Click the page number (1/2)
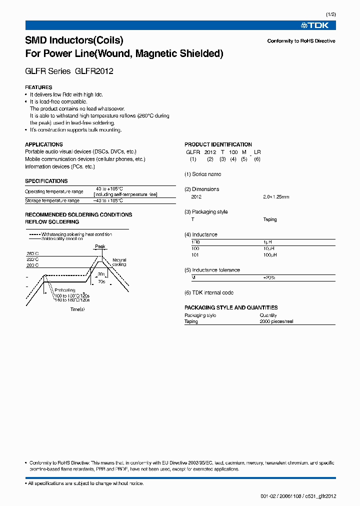point(330,14)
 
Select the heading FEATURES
point(38,87)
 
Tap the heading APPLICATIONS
point(44,144)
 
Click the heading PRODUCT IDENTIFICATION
point(218,144)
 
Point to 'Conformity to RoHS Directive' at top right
point(301,41)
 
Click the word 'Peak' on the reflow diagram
point(100,246)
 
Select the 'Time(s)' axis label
point(77,309)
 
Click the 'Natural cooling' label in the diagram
point(119,262)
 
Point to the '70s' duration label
point(101,281)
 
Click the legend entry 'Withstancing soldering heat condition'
point(76,234)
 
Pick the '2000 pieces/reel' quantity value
point(276,321)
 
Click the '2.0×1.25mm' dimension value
point(276,197)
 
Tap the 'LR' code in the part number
point(257,152)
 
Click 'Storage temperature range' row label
point(52,200)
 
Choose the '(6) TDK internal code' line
point(209,292)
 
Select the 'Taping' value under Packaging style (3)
point(269,219)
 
